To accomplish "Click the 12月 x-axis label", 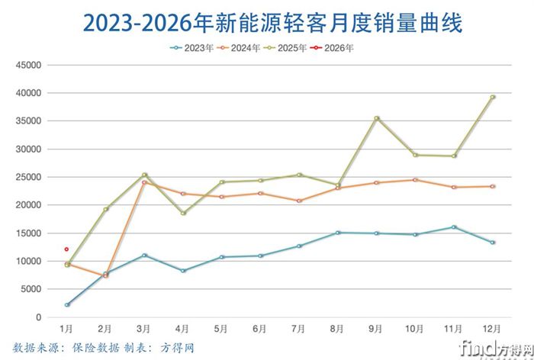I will pyautogui.click(x=492, y=329).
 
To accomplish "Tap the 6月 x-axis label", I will pyautogui.click(x=260, y=329).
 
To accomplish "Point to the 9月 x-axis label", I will pyautogui.click(x=376, y=329).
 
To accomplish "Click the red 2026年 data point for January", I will pyautogui.click(x=67, y=249).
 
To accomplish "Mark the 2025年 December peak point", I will pyautogui.click(x=492, y=97).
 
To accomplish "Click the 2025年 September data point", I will pyautogui.click(x=376, y=118).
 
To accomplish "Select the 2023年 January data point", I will pyautogui.click(x=67, y=304).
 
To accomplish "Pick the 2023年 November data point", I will pyautogui.click(x=454, y=227).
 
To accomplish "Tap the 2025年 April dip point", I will pyautogui.click(x=183, y=213).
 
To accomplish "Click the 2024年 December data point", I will pyautogui.click(x=492, y=186).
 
